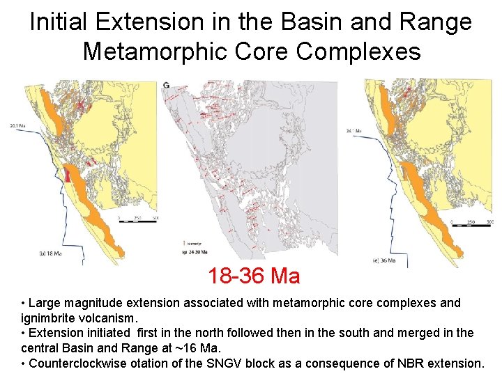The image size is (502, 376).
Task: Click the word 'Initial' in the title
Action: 59,22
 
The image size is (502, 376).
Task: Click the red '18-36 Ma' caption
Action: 254,276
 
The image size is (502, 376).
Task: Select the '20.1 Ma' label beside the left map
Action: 17,126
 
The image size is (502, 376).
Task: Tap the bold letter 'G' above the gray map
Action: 165,86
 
